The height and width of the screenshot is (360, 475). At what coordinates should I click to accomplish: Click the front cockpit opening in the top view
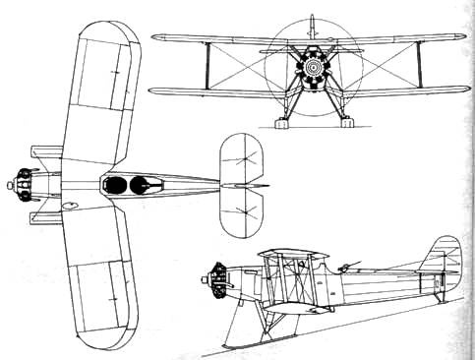pyautogui.click(x=117, y=184)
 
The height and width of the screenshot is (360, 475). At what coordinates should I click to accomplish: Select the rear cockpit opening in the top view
pyautogui.click(x=142, y=183)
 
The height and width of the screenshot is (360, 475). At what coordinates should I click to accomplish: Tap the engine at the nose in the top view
pyautogui.click(x=22, y=183)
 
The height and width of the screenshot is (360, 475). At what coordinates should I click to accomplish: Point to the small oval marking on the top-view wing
pyautogui.click(x=70, y=206)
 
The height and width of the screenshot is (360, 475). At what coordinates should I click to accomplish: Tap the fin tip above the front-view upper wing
pyautogui.click(x=310, y=22)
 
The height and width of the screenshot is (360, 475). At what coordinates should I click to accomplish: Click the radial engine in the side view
pyautogui.click(x=212, y=280)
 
